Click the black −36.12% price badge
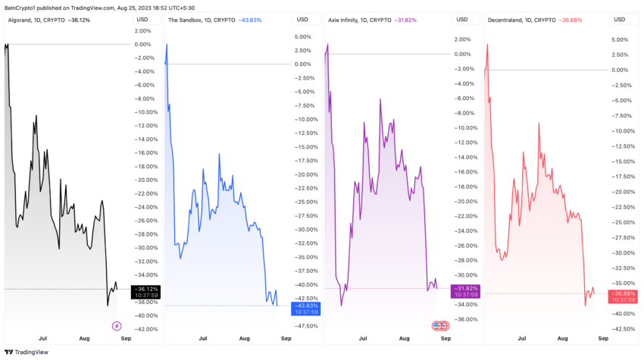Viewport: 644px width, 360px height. point(145,289)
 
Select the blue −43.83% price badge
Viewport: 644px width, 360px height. point(305,305)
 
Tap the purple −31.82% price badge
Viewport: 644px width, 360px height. point(466,288)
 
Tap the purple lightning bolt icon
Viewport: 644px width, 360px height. point(117,326)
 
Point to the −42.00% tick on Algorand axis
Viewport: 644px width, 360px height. point(146,329)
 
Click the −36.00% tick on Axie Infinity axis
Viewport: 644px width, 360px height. point(467,319)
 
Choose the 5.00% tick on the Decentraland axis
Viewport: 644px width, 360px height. point(621,39)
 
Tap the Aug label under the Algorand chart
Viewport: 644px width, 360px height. point(83,340)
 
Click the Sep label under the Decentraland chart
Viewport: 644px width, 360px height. point(602,340)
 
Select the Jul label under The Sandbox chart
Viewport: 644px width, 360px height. point(202,340)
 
